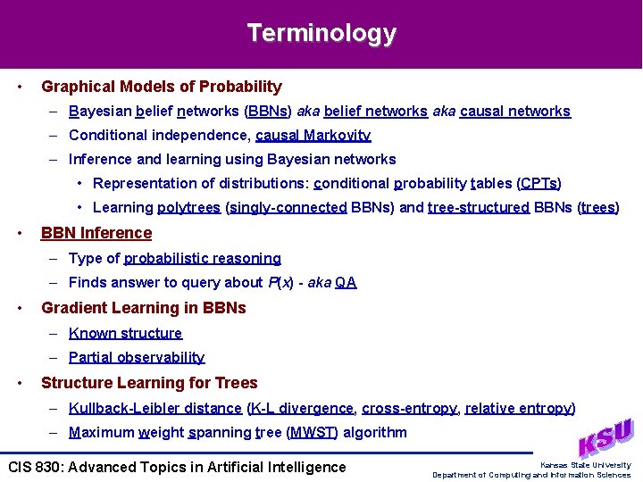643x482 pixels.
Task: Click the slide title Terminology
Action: click(x=321, y=33)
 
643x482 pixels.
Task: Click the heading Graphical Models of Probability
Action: click(x=162, y=87)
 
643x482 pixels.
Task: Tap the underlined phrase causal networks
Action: click(x=514, y=112)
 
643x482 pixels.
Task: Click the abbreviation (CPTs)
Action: click(x=539, y=183)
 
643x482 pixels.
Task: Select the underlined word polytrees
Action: click(x=189, y=208)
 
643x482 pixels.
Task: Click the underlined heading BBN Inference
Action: click(x=96, y=233)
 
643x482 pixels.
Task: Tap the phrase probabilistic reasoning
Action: click(x=203, y=258)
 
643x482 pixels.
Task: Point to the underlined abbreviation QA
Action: click(x=346, y=283)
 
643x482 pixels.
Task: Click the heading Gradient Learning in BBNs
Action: click(x=144, y=308)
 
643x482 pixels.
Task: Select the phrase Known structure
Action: click(x=125, y=333)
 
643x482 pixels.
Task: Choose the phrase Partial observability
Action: click(x=137, y=357)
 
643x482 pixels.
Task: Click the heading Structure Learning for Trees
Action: click(x=149, y=383)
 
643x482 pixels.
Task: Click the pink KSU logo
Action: click(x=605, y=438)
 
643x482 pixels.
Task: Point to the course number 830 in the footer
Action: click(x=46, y=467)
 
